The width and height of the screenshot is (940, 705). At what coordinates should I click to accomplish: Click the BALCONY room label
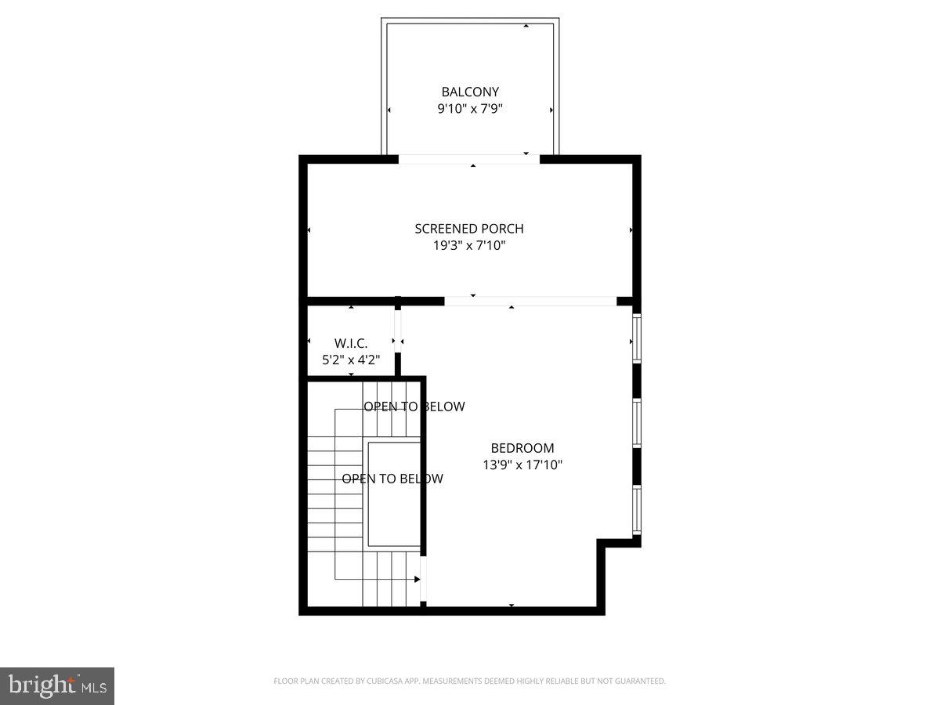pos(469,92)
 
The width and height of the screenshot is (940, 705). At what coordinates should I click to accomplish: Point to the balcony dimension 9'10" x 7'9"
pos(469,109)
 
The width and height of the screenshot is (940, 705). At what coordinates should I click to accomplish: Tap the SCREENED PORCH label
pos(469,229)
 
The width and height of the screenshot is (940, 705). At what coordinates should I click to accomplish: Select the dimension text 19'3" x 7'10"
pos(469,245)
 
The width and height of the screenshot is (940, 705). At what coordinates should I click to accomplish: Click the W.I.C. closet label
pos(350,343)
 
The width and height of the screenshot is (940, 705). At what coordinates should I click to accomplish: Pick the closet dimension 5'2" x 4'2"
pos(350,360)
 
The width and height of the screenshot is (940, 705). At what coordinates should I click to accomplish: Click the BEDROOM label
pos(522,448)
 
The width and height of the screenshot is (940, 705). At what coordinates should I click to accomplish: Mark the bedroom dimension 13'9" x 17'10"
pos(522,465)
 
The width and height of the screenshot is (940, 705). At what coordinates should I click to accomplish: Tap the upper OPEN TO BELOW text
pos(414,407)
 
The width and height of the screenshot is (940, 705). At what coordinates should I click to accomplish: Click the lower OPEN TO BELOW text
pos(392,479)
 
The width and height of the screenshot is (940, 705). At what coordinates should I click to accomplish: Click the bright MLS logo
pos(57,686)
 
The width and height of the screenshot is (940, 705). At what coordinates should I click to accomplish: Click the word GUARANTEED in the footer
pos(638,681)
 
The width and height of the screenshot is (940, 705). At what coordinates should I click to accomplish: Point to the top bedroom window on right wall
pos(637,338)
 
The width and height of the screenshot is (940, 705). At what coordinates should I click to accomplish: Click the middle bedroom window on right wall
pos(637,424)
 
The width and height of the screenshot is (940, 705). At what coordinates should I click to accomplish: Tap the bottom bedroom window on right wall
pos(637,510)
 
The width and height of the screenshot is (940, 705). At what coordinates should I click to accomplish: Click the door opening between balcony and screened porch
pos(469,159)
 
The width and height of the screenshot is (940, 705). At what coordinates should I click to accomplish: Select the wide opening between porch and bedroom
pos(530,301)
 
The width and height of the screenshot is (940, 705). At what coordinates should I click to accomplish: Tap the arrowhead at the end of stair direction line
pos(417,580)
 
